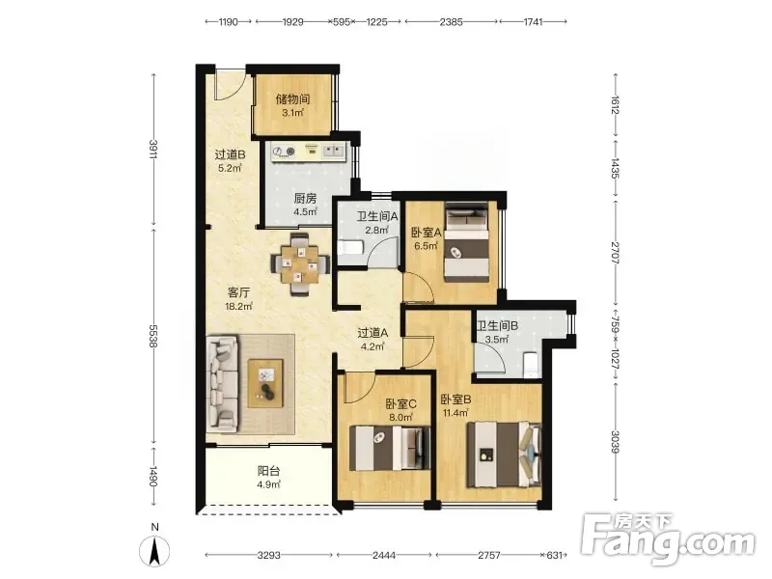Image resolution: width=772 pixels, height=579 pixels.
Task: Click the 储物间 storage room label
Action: coord(293,99)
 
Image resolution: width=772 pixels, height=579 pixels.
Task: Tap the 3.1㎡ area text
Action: coord(293,113)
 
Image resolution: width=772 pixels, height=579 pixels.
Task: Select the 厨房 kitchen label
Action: coord(305,199)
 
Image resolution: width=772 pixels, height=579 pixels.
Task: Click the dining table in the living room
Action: coord(300,264)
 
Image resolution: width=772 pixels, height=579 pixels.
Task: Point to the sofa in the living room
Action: coord(222,384)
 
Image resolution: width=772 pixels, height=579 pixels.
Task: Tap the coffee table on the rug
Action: coord(266,383)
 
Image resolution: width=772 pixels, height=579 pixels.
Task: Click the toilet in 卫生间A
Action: coord(350,247)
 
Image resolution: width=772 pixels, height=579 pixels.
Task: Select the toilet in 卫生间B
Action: coord(531,364)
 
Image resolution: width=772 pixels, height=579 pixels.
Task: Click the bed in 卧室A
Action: coord(467,242)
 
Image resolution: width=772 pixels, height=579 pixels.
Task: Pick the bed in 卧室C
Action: coord(389,448)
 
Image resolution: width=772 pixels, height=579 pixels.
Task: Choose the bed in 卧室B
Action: coord(504,455)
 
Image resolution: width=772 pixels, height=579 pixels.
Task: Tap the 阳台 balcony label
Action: coord(269,471)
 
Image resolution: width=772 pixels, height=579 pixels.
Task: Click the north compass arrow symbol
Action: coord(154,550)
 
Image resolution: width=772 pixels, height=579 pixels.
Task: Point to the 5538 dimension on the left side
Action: coord(153,337)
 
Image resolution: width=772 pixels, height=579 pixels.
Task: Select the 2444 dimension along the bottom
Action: coord(384,556)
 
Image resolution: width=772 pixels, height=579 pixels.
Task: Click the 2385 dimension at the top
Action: coord(451,21)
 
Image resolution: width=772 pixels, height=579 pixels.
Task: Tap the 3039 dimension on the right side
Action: coord(616,442)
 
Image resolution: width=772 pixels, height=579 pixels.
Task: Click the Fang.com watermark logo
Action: coord(668,539)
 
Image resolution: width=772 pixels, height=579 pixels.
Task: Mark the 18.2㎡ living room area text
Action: coord(238,306)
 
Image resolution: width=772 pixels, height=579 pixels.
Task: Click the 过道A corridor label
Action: coord(372,333)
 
